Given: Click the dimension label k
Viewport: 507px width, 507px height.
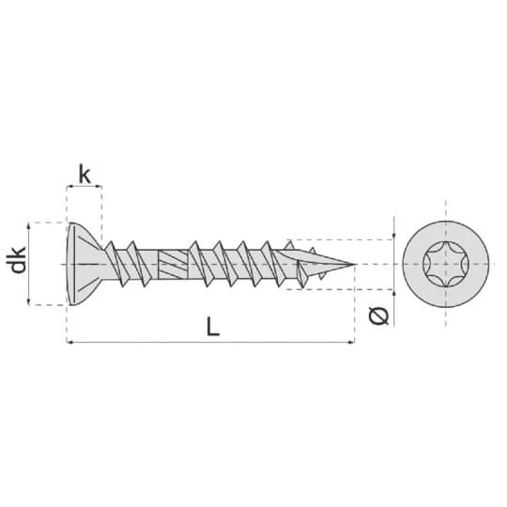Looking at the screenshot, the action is click(84, 176).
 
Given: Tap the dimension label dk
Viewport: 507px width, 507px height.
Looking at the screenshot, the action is click(18, 260).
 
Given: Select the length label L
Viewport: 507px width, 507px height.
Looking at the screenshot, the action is click(213, 326).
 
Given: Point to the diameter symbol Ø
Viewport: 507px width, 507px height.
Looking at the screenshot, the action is click(378, 315).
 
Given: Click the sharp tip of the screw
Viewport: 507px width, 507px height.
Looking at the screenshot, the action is click(355, 264).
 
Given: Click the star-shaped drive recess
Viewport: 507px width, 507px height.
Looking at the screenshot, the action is click(446, 264).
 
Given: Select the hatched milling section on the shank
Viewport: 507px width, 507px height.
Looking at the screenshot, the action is click(173, 265).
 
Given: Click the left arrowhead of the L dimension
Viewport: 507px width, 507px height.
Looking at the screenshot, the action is click(69, 342).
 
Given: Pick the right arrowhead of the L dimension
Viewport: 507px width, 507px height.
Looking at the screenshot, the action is click(352, 342).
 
